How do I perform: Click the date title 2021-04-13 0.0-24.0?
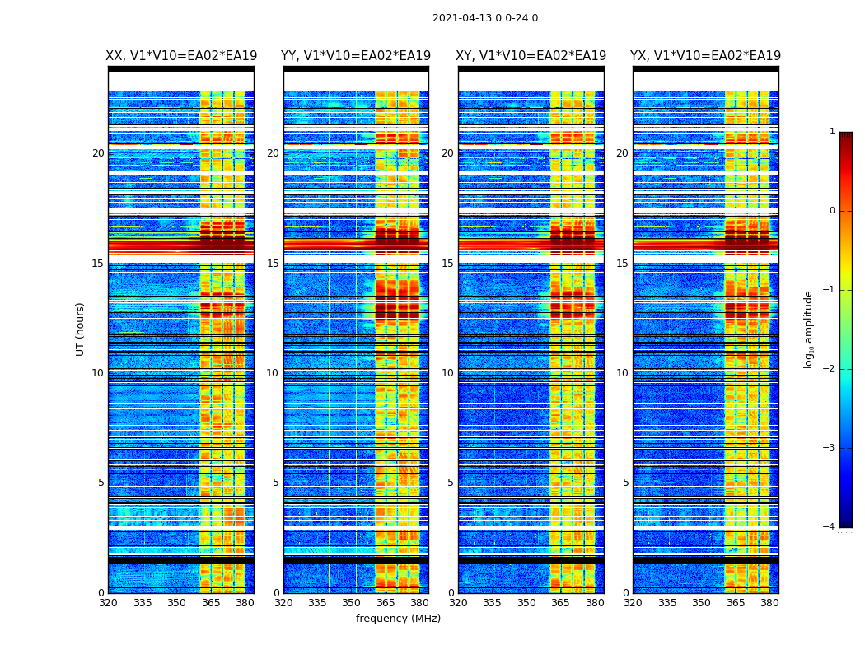(485, 18)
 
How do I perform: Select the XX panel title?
(181, 56)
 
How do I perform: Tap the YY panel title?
(356, 56)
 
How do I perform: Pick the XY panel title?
(531, 56)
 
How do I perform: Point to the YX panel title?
(706, 56)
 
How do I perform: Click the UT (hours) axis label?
(81, 329)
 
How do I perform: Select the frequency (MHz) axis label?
(398, 619)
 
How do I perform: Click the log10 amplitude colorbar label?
(808, 329)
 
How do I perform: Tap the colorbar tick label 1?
(831, 132)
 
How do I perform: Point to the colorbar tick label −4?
(830, 527)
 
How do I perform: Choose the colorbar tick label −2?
(830, 369)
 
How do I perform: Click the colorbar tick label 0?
(831, 211)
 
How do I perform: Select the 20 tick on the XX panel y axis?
(98, 153)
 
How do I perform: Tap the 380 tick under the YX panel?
(769, 603)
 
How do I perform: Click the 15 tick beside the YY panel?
(273, 264)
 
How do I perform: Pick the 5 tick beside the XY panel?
(451, 483)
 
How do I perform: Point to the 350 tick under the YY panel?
(352, 603)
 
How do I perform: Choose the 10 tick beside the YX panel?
(622, 373)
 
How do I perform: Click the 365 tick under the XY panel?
(561, 603)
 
